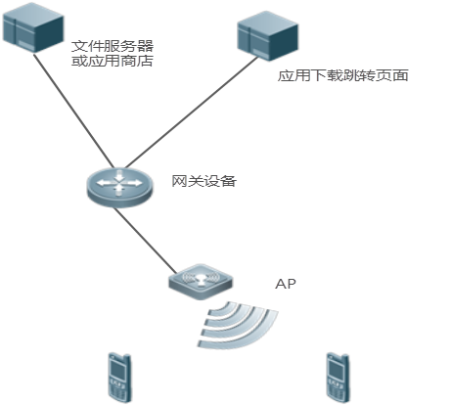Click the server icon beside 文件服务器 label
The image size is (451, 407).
point(33,27)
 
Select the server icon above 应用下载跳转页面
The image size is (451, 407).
point(267,35)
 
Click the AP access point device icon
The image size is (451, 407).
point(201,282)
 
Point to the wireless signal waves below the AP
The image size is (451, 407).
point(238,325)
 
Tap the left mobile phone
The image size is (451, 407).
point(119,378)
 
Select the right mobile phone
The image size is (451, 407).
point(338,378)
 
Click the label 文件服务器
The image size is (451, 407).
point(113,46)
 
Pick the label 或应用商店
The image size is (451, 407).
point(113,61)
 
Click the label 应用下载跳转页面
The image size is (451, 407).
point(342,75)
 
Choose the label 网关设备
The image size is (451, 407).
point(203,181)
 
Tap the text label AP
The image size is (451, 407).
point(286,284)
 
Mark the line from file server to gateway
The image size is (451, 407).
point(73,111)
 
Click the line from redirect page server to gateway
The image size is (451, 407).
point(191,113)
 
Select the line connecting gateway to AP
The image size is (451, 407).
point(146,241)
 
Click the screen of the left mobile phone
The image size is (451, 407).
point(117,370)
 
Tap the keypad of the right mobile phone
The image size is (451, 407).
point(337,389)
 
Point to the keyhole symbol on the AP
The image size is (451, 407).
point(201,280)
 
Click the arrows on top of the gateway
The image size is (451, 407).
point(119,183)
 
